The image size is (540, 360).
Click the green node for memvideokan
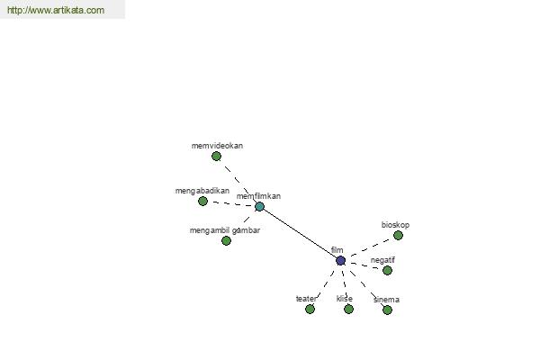pos(216,157)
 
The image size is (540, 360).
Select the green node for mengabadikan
pos(202,202)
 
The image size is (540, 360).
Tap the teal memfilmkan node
pos(259,207)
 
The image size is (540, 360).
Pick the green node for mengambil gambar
pos(226,241)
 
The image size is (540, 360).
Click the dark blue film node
pos(340,261)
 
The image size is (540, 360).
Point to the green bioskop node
pos(398,236)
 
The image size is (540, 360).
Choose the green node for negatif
pos(387,270)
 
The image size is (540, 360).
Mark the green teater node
pos(310,310)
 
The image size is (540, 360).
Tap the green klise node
pos(348,310)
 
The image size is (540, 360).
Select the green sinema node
pos(387,310)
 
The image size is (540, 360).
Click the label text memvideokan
pos(217,146)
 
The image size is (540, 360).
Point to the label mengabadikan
pos(202,191)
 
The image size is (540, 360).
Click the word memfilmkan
pos(258,196)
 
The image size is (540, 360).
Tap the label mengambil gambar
pos(225,230)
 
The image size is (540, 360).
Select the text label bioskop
pos(395,225)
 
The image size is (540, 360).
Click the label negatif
pos(382,260)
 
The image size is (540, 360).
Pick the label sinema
pos(386,300)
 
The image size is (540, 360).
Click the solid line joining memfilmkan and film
pos(300,234)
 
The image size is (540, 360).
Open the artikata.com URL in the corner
pos(56,10)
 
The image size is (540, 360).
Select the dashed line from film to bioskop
pos(372,247)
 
